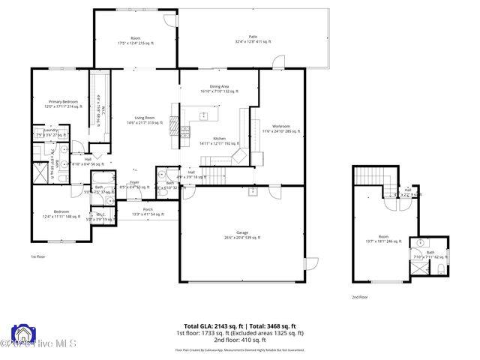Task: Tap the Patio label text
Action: (253, 39)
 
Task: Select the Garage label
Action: (241, 235)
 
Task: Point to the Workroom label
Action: (281, 128)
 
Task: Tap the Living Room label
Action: (145, 120)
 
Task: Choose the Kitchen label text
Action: (219, 141)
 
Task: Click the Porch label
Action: (148, 211)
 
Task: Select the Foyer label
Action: (134, 184)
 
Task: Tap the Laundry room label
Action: (50, 133)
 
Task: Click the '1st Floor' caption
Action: (37, 257)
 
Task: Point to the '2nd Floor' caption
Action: (359, 296)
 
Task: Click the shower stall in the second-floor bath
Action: (420, 244)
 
